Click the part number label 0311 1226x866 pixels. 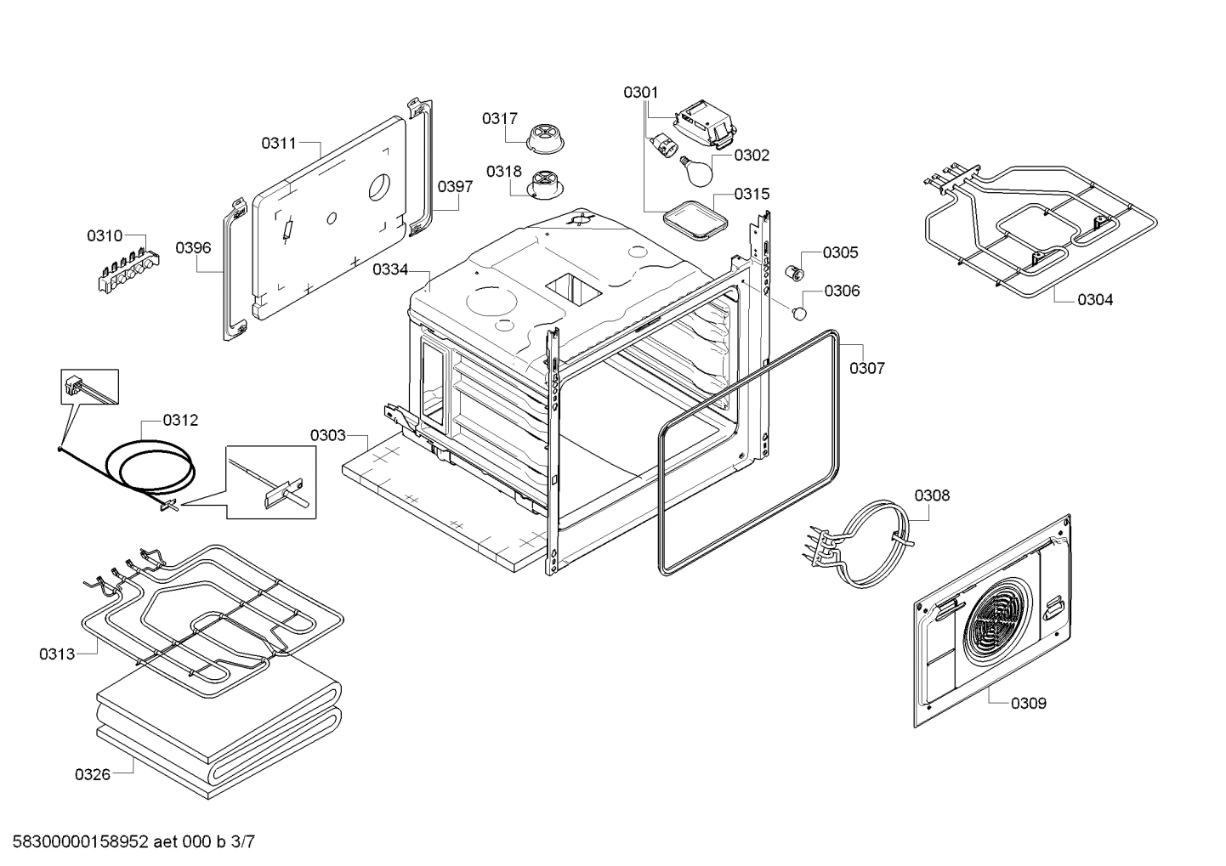[x=278, y=143]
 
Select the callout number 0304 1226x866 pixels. [x=1095, y=299]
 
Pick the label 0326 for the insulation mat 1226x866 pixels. [x=93, y=774]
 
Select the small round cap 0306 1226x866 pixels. [x=799, y=314]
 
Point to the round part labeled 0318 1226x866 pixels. [x=543, y=184]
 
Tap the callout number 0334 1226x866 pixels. [x=390, y=269]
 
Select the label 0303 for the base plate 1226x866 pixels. [x=327, y=435]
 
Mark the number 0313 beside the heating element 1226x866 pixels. [x=57, y=654]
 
